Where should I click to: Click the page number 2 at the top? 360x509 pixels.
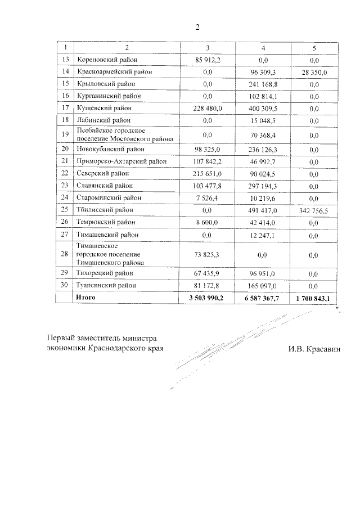(x=197, y=27)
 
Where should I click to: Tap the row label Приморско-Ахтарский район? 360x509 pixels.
(x=121, y=162)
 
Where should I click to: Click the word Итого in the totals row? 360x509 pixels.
(x=86, y=298)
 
